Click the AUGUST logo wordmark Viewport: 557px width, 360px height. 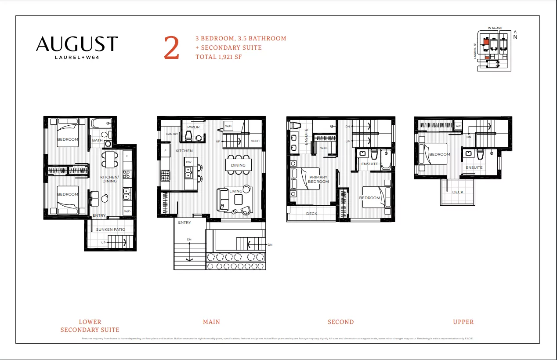77,44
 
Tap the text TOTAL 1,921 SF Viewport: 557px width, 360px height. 218,57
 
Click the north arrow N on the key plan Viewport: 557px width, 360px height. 515,36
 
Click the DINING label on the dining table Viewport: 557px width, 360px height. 239,165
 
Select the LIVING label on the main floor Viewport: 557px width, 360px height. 235,191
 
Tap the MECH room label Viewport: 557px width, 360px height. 255,141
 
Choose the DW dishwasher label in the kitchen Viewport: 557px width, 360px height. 188,162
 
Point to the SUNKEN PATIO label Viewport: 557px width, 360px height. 111,229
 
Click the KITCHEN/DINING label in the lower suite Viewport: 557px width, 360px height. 109,179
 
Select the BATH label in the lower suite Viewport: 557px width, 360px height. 97,140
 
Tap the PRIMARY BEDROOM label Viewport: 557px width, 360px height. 318,179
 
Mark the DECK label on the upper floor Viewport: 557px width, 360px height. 457,192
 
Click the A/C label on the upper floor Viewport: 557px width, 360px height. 458,126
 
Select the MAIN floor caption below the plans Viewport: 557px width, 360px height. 211,322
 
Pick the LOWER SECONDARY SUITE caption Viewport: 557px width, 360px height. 90,326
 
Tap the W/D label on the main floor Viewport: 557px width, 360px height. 228,126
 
